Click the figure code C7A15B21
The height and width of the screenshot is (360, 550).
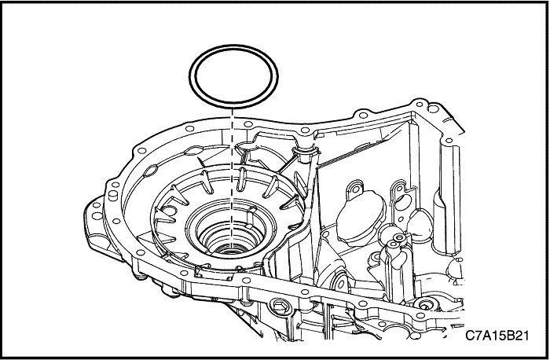(497, 336)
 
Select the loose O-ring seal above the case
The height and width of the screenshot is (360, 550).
(233, 76)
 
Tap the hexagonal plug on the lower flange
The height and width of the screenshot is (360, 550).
(280, 307)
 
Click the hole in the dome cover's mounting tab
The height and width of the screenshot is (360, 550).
(356, 189)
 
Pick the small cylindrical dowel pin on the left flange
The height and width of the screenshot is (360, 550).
(113, 195)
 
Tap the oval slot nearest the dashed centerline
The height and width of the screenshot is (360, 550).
(194, 151)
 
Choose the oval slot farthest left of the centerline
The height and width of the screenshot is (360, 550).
(151, 171)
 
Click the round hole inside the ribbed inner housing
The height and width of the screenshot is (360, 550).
(169, 211)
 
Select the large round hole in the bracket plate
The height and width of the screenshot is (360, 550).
(405, 202)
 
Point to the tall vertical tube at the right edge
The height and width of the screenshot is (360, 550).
(451, 198)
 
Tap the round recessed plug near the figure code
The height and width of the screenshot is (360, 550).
(425, 305)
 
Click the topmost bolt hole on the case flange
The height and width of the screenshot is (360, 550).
(419, 104)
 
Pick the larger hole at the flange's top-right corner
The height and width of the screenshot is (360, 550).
(434, 108)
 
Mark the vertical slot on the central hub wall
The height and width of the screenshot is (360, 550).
(252, 217)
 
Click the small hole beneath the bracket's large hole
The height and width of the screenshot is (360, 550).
(401, 219)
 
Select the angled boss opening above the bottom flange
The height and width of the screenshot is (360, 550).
(339, 285)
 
